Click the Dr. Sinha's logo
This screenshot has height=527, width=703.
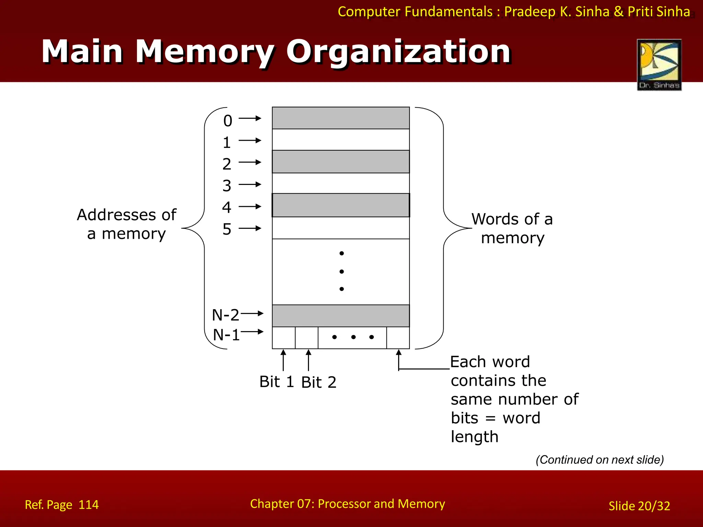pyautogui.click(x=659, y=65)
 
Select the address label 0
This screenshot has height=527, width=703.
pyautogui.click(x=228, y=121)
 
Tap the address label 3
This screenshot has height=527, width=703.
pyautogui.click(x=227, y=186)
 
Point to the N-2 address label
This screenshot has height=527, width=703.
pyautogui.click(x=225, y=315)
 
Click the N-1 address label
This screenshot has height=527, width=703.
pyautogui.click(x=226, y=335)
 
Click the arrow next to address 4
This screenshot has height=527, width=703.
pyautogui.click(x=250, y=207)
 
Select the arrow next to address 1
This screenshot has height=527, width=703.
pyautogui.click(x=250, y=140)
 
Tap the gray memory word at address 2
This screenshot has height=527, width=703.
pyautogui.click(x=341, y=162)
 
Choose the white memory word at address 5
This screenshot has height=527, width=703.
pyautogui.click(x=341, y=228)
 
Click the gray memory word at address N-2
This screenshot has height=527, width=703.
pyautogui.click(x=341, y=316)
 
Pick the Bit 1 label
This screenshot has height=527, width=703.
pyautogui.click(x=277, y=382)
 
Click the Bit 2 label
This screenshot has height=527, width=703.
pyautogui.click(x=319, y=382)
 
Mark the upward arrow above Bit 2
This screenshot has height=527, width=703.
pyautogui.click(x=308, y=360)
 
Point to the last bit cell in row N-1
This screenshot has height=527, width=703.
pyautogui.click(x=398, y=338)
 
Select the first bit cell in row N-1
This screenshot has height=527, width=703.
pyautogui.click(x=284, y=338)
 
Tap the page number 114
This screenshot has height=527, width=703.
pyautogui.click(x=89, y=505)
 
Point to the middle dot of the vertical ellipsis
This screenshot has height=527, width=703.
pyautogui.click(x=342, y=271)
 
